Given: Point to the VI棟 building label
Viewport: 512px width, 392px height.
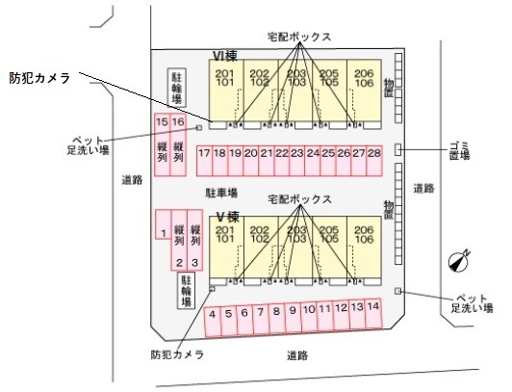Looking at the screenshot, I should tap(225, 56).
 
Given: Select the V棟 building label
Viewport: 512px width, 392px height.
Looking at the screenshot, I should tap(227, 216).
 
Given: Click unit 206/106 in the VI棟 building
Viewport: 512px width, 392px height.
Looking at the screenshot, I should tap(364, 78).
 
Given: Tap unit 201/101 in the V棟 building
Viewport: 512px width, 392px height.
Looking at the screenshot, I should tap(226, 236).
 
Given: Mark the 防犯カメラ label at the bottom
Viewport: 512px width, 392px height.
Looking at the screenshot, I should tap(177, 354).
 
